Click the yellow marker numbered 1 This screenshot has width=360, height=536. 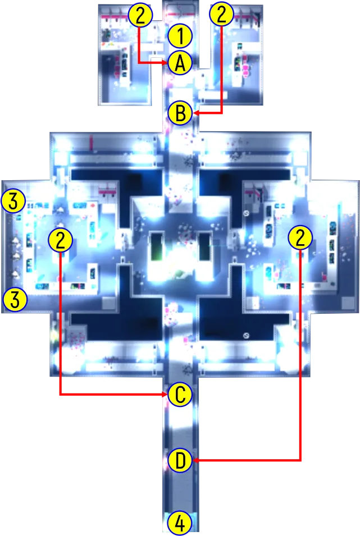(180, 35)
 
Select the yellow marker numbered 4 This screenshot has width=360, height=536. (180, 523)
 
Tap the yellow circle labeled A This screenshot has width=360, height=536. (180, 63)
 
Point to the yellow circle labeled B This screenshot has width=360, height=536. (181, 113)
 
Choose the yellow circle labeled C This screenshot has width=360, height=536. (180, 395)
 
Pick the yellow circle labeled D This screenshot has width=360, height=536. (180, 460)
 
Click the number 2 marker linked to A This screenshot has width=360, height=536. (140, 15)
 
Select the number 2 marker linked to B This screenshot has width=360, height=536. (222, 14)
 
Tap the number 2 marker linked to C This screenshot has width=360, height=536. (60, 240)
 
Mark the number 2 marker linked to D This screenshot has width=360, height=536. (300, 238)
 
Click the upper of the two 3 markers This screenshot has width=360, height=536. (13, 201)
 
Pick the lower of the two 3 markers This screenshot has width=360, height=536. (15, 300)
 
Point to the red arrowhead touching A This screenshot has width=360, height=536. (165, 63)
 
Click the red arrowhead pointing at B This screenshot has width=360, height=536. (196, 113)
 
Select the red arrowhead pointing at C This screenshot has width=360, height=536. (165, 395)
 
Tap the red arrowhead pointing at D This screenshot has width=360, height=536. (195, 460)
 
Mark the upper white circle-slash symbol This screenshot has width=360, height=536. (246, 213)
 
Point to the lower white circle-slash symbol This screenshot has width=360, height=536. (245, 336)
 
